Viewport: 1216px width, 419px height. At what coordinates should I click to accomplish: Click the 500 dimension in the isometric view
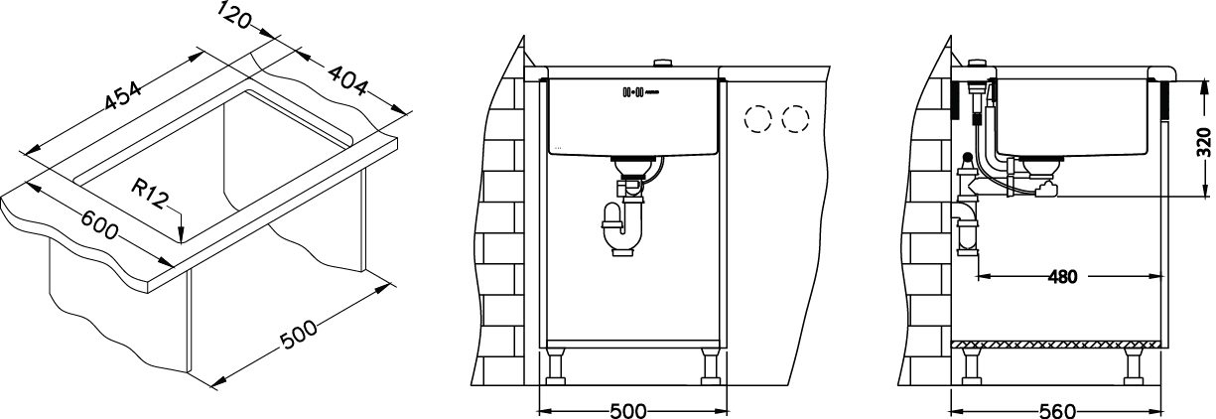point(301,335)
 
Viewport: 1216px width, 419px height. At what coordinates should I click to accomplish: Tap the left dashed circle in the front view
point(758,120)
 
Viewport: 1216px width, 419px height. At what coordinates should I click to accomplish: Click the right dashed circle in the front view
point(795,120)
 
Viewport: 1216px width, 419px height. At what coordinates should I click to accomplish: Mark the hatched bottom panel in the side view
point(1057,344)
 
